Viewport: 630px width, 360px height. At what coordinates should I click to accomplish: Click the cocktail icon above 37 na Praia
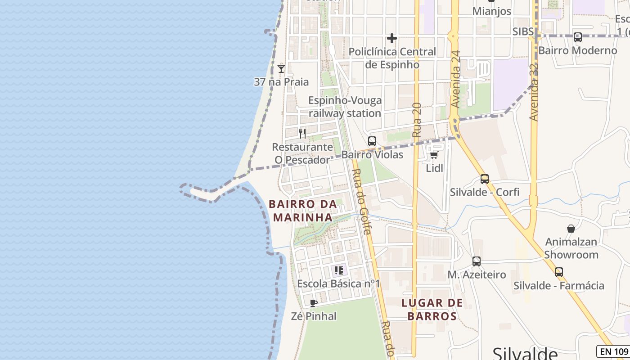tap(281, 69)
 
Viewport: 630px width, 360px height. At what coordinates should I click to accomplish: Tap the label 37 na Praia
tap(281, 82)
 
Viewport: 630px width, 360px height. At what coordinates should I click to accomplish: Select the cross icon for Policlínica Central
tap(392, 38)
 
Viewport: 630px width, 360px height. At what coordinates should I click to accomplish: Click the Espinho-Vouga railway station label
tap(345, 107)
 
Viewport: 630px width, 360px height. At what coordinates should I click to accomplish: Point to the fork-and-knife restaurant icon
tap(302, 134)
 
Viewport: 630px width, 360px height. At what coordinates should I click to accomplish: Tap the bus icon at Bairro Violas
tap(372, 141)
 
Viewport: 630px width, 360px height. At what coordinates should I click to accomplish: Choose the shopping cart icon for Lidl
tap(434, 155)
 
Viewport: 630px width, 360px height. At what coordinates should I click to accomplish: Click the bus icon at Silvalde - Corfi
tap(484, 179)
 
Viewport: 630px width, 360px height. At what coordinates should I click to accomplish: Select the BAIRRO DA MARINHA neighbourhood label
tap(303, 211)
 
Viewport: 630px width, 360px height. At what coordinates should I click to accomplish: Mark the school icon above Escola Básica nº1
tap(338, 270)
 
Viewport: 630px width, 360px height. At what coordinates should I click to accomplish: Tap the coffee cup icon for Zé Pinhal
tap(314, 303)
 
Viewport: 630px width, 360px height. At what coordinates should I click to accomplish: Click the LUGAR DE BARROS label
tap(432, 310)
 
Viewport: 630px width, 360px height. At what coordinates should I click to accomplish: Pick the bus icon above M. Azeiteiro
tap(476, 261)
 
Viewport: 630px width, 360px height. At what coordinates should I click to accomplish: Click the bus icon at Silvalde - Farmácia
tap(558, 272)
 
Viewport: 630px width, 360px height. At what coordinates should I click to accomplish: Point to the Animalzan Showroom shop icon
tap(571, 229)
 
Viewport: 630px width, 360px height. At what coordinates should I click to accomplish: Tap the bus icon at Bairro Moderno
tap(577, 37)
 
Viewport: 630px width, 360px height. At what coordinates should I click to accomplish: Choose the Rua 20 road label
tap(417, 120)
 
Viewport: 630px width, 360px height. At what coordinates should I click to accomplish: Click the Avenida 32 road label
tap(534, 92)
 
